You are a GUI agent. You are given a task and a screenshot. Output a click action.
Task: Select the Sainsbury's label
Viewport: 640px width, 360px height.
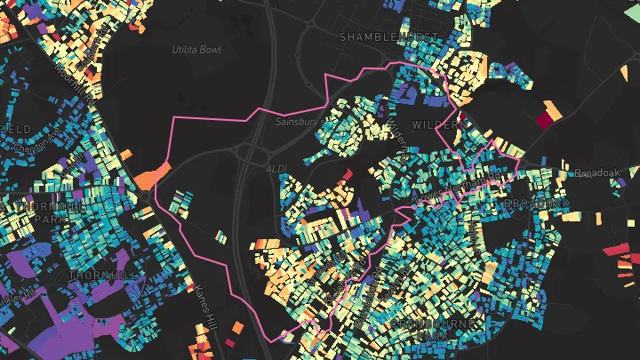click(296, 121)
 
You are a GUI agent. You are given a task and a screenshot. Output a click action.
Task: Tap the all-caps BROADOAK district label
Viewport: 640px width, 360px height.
click(534, 204)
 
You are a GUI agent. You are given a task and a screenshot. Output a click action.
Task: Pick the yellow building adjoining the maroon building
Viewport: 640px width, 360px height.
click(554, 110)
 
